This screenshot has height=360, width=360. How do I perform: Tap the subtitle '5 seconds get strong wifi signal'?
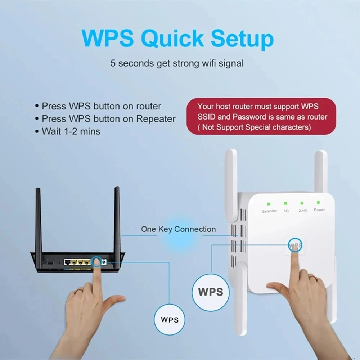(x=177, y=64)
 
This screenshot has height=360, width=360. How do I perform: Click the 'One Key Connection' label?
(x=178, y=229)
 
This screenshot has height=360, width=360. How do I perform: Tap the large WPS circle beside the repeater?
(x=211, y=291)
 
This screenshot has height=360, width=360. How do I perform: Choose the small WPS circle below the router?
(x=170, y=319)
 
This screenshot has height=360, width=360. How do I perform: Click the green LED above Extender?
(x=269, y=204)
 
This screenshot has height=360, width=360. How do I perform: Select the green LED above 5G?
(x=285, y=203)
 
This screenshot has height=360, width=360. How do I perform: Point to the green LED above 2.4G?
(x=302, y=203)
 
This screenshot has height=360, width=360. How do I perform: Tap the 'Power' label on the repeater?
(x=319, y=210)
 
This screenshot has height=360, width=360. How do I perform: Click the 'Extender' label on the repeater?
(x=270, y=211)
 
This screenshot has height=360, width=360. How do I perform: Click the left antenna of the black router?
(x=39, y=220)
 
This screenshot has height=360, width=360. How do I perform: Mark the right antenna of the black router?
(x=117, y=220)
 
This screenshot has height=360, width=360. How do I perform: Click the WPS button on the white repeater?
(x=295, y=246)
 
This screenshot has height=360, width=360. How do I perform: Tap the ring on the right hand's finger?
(x=312, y=277)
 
